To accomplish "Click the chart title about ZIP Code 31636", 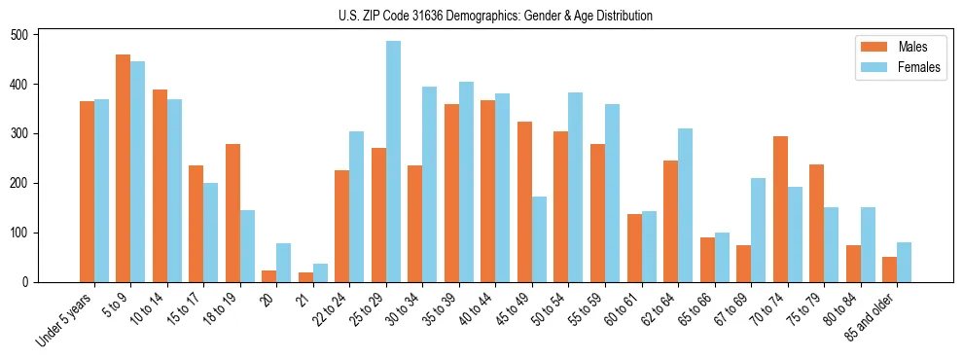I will coord(481,17).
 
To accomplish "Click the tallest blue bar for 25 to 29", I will coord(393,162).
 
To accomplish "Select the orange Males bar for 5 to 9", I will coord(124,168).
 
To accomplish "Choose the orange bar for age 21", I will coord(305,277).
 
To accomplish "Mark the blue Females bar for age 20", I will coord(284,263).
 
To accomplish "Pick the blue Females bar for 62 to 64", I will coord(685,205).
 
